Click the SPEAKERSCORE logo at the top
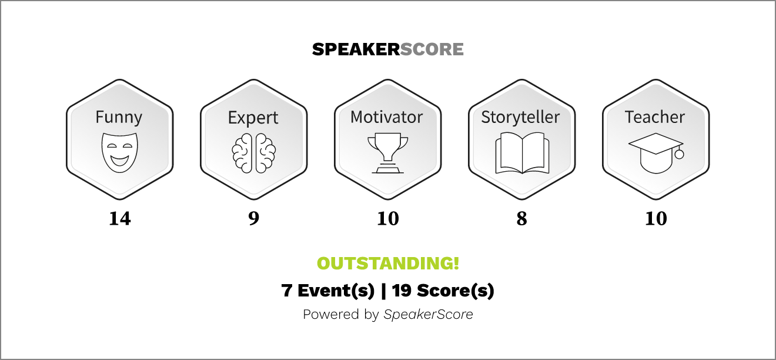click(x=387, y=49)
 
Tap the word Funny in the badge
click(x=119, y=118)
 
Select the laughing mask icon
click(x=119, y=152)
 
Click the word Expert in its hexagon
click(x=253, y=118)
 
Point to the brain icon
click(x=253, y=153)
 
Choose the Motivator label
click(x=387, y=117)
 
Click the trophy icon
click(x=387, y=153)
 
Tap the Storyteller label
click(x=520, y=118)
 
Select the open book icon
click(x=522, y=153)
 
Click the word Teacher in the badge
click(x=655, y=117)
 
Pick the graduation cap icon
click(x=656, y=153)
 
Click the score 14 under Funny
click(x=120, y=219)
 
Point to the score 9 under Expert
click(x=253, y=219)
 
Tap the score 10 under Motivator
click(x=388, y=219)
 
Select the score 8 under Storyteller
click(x=521, y=219)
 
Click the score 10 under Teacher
click(x=656, y=219)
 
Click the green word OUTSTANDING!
click(x=388, y=264)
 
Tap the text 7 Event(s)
click(x=327, y=291)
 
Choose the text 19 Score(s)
click(x=443, y=291)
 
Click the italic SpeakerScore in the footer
click(x=428, y=314)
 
